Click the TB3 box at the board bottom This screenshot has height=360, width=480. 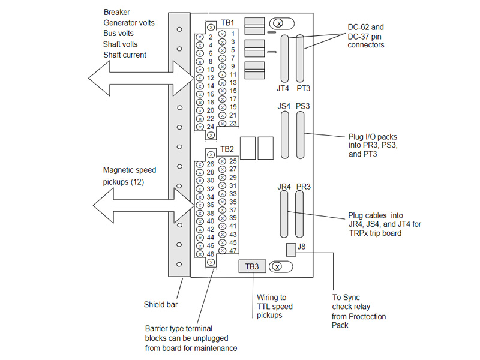(252, 266)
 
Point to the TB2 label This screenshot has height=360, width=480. (227, 149)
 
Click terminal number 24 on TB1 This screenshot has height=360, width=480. (211, 127)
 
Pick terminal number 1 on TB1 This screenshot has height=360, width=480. (233, 34)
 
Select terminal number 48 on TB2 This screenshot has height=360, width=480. (211, 254)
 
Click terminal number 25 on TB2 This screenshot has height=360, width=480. (233, 161)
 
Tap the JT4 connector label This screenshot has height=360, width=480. (283, 89)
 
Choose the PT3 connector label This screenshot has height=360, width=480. (303, 89)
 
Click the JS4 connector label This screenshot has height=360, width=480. (284, 106)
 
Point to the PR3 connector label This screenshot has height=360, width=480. (303, 187)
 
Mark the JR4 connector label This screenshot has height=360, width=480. (284, 187)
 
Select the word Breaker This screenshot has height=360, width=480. (116, 12)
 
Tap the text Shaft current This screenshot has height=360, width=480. (125, 55)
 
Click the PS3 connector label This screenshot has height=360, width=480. (303, 106)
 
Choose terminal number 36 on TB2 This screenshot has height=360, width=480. (211, 205)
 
